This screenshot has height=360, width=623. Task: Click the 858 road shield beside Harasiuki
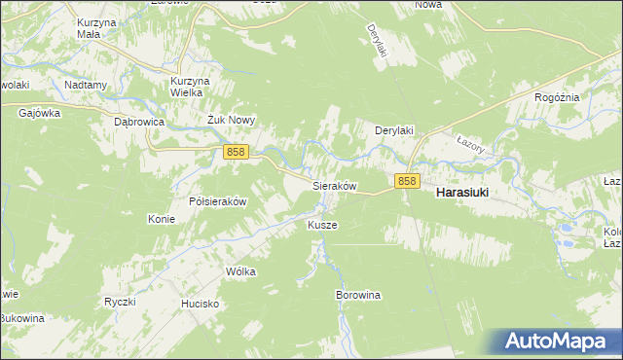point(407,181)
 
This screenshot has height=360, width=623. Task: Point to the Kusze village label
point(322,225)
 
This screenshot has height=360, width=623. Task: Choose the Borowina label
point(357,294)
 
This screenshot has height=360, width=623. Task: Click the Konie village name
point(162,219)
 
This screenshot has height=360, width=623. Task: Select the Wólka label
point(239,271)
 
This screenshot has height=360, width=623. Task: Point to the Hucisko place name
point(200,304)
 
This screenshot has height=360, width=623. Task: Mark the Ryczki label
point(119,302)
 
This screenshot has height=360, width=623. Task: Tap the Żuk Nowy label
point(231,120)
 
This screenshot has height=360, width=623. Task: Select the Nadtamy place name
point(86,85)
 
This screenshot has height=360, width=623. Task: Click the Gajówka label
point(40,113)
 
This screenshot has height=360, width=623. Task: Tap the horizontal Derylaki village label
point(396,129)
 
